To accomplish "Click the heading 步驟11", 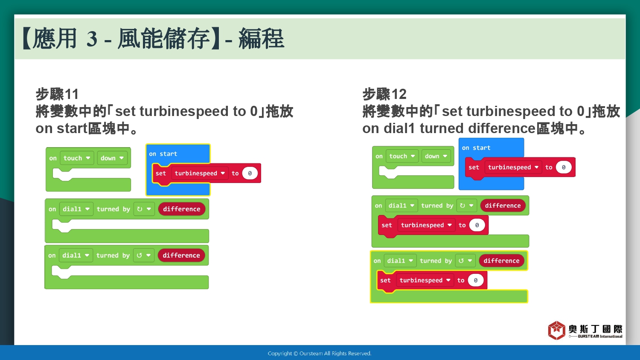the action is click(x=57, y=94).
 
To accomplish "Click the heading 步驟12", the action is click(x=384, y=94).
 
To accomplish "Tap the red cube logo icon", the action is click(x=556, y=330).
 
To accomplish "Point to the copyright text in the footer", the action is click(x=320, y=354).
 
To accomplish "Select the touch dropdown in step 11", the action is click(x=77, y=158).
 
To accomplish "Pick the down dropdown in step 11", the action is click(x=112, y=158).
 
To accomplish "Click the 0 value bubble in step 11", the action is click(x=250, y=173).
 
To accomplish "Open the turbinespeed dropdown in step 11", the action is click(x=200, y=173).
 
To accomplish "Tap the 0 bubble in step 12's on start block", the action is click(x=564, y=167).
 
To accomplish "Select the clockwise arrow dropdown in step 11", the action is click(x=144, y=209).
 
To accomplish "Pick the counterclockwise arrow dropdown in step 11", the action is click(x=144, y=255).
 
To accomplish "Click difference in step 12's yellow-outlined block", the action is click(x=501, y=261).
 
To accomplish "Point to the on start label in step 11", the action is click(x=163, y=154).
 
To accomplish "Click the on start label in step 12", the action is click(x=476, y=148).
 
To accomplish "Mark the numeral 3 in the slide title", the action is click(x=92, y=38).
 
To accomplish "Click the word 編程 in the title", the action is click(x=261, y=38).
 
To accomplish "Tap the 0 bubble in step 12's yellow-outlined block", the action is click(x=475, y=280).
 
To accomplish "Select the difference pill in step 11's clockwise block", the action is click(x=182, y=209).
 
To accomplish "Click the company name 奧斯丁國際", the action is click(x=596, y=329).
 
